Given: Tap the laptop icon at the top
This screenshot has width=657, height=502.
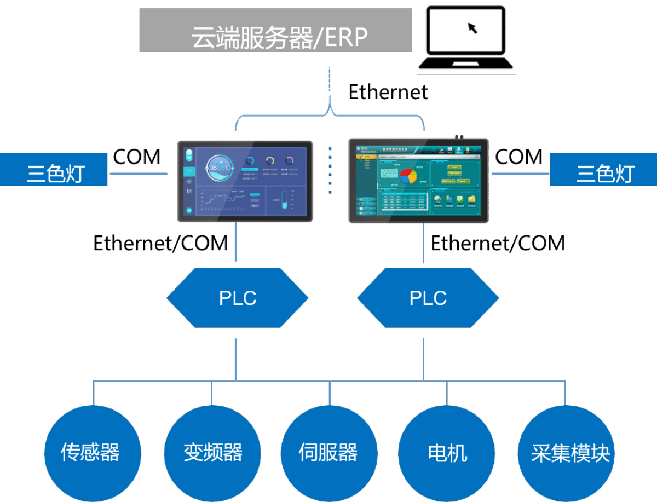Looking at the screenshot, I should tap(466, 37).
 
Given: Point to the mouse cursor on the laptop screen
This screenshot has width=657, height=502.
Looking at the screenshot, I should tap(472, 28).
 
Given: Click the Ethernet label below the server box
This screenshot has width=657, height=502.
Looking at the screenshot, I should tap(388, 93).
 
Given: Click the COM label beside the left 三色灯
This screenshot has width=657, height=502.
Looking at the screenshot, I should tap(136, 157).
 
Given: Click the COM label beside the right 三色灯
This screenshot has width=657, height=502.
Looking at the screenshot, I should tap(518, 157).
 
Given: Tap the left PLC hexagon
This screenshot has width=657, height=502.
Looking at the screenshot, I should tap(237, 298).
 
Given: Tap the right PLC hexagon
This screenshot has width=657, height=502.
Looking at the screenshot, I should tap(428, 298).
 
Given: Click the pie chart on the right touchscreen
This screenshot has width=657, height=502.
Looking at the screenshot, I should tap(408, 176).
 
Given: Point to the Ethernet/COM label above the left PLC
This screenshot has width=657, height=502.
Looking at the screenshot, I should tap(160, 243).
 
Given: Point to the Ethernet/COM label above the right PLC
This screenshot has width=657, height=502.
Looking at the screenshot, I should tap(498, 243).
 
